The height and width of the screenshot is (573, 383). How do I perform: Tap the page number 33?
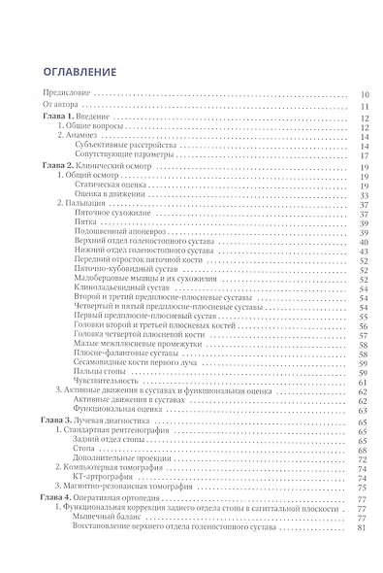[359, 194]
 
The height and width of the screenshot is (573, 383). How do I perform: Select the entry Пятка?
[111, 221]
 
